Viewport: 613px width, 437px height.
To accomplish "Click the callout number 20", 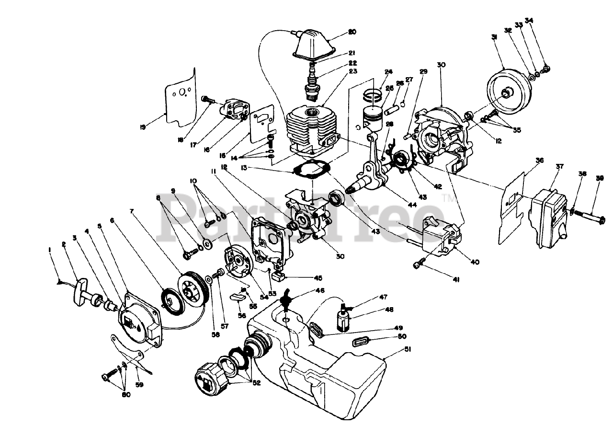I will tap(352, 32).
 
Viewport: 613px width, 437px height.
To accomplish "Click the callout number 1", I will tap(49, 250).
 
